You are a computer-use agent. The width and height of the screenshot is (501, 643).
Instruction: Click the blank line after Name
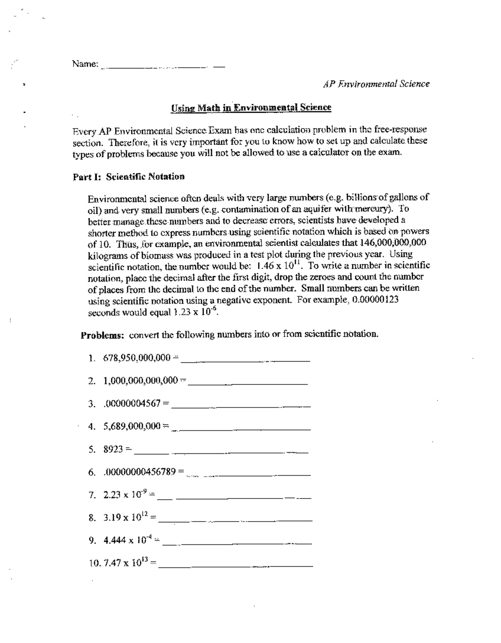[163, 67]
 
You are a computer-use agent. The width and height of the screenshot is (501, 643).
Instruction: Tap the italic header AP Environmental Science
[376, 84]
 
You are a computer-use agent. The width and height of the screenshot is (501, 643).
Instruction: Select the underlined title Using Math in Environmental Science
[251, 108]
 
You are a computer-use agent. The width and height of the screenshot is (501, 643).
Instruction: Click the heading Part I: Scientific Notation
[129, 177]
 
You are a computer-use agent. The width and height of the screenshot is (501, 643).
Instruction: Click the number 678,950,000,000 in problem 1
[137, 357]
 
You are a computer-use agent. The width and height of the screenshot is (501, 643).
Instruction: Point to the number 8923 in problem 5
[113, 449]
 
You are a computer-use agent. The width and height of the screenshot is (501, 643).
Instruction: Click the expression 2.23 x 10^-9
[125, 495]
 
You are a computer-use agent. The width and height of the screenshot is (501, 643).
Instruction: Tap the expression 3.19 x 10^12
[126, 518]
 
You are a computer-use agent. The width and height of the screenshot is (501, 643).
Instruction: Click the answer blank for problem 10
[236, 565]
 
